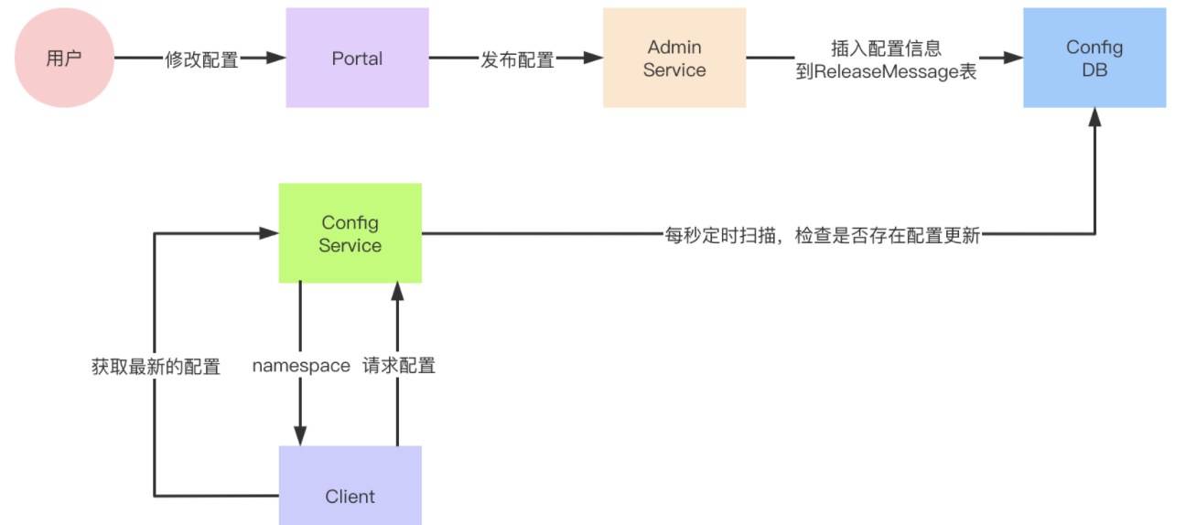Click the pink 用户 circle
[63, 59]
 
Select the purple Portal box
[357, 58]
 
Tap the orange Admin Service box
[674, 58]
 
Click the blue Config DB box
[1094, 58]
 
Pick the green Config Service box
[350, 233]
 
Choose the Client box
[350, 497]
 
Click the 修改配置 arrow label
[201, 59]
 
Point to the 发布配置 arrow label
[517, 59]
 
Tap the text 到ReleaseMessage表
[886, 71]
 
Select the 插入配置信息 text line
[886, 48]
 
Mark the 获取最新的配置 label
[156, 367]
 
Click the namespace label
[301, 366]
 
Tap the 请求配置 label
[398, 366]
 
